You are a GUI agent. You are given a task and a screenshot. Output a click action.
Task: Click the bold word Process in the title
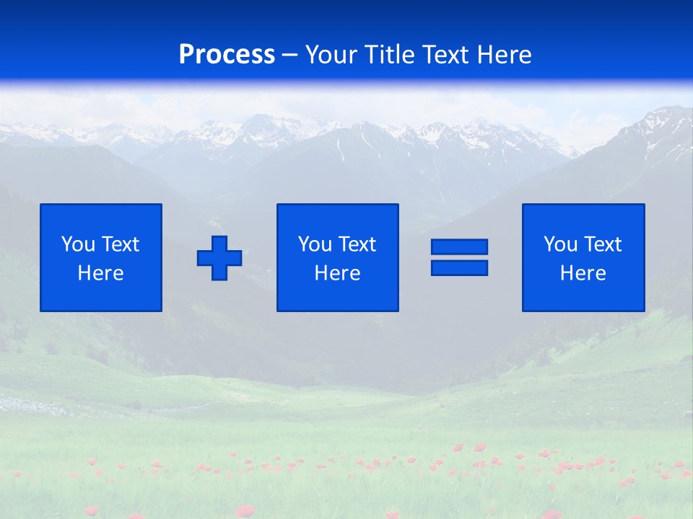227,55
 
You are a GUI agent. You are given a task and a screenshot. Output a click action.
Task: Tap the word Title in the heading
390,55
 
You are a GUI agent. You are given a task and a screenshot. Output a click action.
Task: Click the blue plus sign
219,257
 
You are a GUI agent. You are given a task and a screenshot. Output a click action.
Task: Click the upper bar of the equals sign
459,247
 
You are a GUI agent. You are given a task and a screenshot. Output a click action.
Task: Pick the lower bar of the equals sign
459,267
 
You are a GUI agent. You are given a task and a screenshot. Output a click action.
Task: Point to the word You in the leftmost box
78,244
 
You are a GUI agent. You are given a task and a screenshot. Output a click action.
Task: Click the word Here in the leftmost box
100,273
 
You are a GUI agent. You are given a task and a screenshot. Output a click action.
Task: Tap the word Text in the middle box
357,244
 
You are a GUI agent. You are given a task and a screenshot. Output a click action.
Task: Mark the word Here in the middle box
337,273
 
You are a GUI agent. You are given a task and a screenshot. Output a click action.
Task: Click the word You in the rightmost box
560,244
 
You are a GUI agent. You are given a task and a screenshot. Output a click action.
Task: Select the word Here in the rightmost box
583,273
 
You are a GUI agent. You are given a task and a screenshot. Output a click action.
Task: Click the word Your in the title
331,55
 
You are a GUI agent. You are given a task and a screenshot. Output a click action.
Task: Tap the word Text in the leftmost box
120,244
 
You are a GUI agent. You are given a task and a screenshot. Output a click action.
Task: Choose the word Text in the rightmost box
602,244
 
